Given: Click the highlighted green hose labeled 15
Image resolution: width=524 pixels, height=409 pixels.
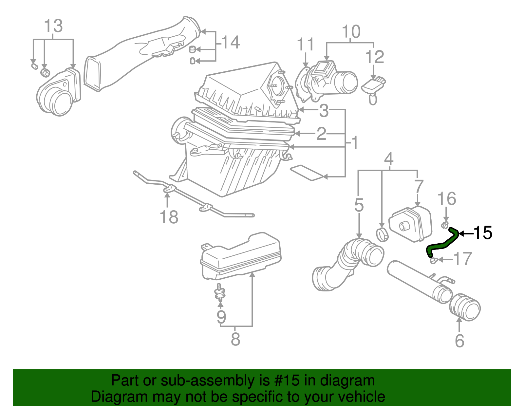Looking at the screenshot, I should [x=442, y=244].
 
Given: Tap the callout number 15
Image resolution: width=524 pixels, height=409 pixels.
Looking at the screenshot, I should [x=483, y=233].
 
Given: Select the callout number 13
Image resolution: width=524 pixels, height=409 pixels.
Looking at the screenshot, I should [x=53, y=26].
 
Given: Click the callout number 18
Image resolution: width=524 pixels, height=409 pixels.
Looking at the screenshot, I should [x=169, y=217].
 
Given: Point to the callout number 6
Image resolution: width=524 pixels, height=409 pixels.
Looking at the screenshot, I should [x=459, y=341].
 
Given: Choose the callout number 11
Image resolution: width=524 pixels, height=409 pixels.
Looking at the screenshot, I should [x=305, y=45].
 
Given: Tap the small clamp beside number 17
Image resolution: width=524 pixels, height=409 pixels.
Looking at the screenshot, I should [x=433, y=260].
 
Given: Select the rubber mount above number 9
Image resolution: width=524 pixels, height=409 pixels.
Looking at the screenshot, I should [x=220, y=292].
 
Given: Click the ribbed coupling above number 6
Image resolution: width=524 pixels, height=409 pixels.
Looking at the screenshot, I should [x=465, y=306].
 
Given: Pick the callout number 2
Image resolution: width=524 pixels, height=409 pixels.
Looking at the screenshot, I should [x=321, y=134].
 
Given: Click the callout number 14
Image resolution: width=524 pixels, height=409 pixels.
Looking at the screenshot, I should [x=231, y=43].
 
